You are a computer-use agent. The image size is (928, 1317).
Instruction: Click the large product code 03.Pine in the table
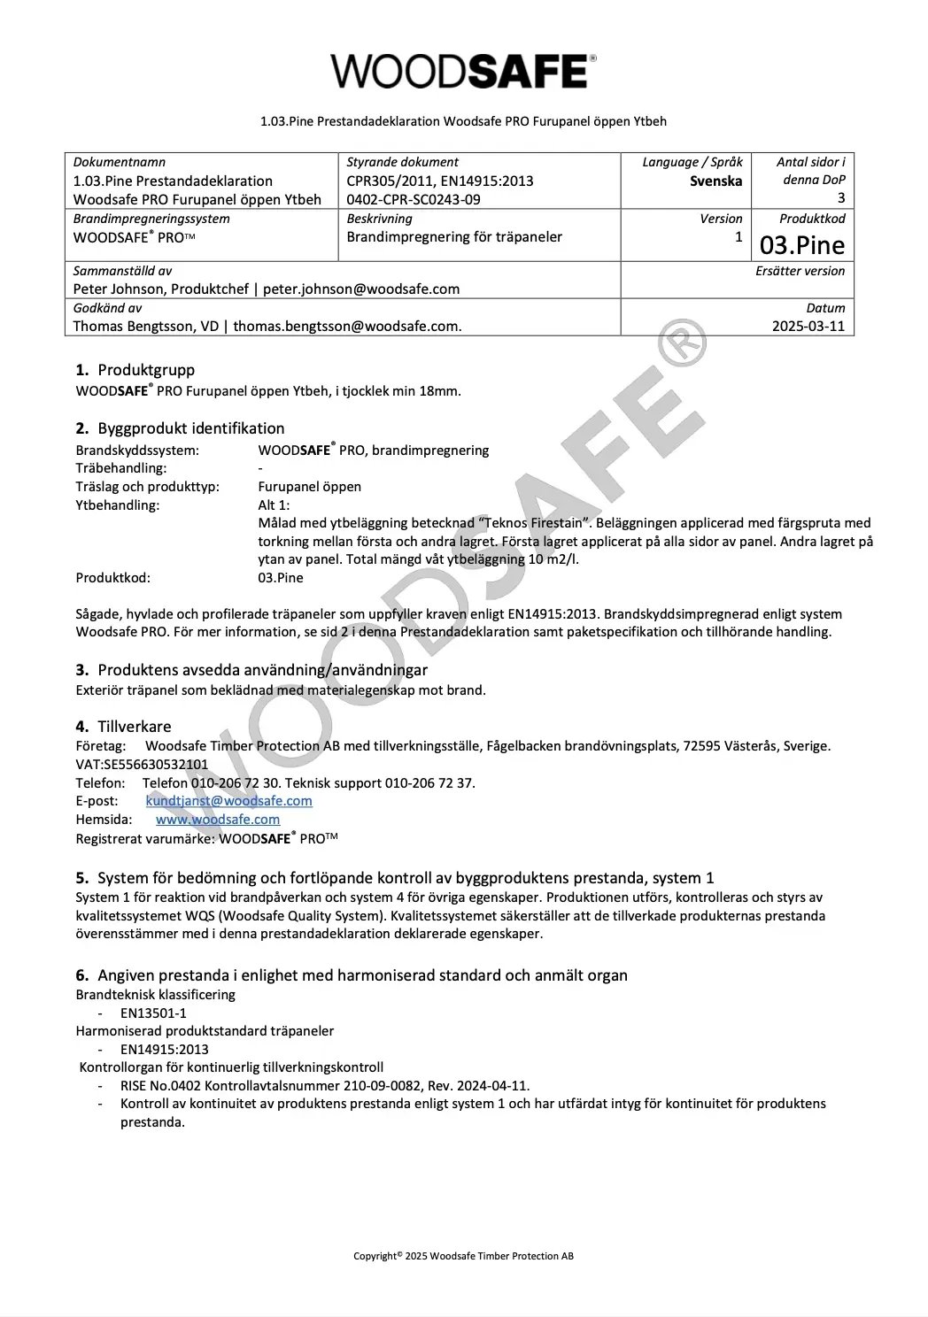802,244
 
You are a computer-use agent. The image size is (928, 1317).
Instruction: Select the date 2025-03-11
808,326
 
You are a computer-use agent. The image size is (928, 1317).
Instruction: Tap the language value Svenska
715,181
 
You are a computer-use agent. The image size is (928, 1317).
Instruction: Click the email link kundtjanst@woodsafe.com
228,801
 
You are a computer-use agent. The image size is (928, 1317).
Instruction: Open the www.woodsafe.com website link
218,820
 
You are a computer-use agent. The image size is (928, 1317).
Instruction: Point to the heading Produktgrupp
146,370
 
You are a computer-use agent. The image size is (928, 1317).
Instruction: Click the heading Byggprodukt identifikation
190,428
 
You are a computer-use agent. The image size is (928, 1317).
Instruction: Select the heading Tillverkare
135,727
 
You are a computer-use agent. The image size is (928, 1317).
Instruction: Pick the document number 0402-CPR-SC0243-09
414,199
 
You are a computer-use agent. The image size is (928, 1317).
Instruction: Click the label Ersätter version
800,271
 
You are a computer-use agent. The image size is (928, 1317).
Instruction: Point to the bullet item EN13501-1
153,1013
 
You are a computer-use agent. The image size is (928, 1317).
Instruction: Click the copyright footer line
463,1255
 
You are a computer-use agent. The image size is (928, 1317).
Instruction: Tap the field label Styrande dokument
402,162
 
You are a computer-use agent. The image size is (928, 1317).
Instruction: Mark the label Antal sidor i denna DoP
811,171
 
